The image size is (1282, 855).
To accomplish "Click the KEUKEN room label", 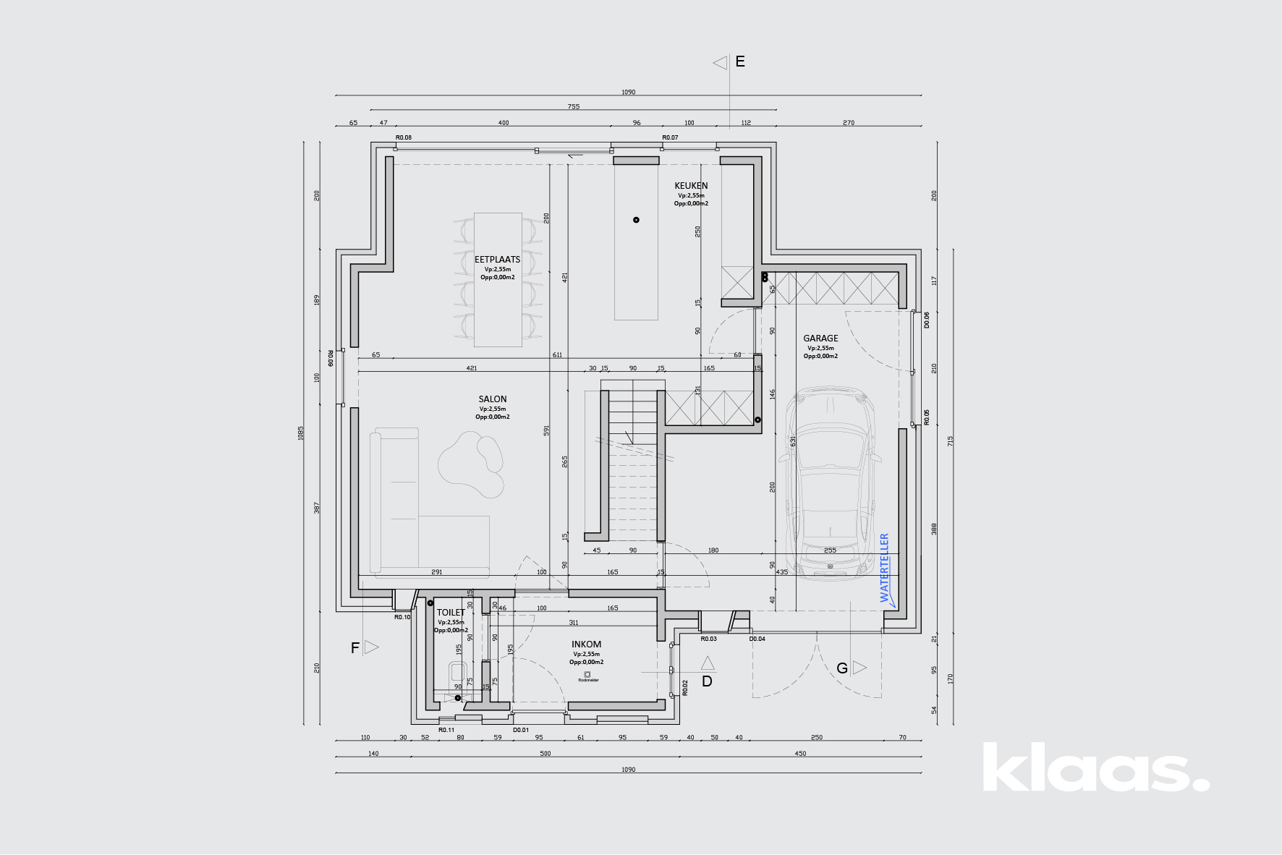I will click(x=691, y=186).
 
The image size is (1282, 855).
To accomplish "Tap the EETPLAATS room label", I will click(x=497, y=260).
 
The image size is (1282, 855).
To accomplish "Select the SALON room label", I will click(x=493, y=399).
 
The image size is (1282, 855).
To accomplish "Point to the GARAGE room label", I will click(x=820, y=339).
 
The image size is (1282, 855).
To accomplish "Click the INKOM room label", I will click(x=586, y=645).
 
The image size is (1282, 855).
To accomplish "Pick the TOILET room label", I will click(x=451, y=613).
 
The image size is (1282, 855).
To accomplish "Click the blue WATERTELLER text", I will click(x=884, y=568).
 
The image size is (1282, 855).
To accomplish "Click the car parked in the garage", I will click(x=831, y=485).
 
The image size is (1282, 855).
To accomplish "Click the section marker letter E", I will click(x=740, y=62).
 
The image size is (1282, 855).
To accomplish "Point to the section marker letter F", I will click(x=355, y=648).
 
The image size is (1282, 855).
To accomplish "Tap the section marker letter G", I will click(x=842, y=668).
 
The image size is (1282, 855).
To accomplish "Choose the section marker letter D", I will click(x=707, y=681).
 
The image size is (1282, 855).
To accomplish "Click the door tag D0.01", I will click(x=521, y=730).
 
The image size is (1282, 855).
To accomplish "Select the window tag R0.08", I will click(x=403, y=137).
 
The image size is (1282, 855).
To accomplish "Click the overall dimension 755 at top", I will click(x=574, y=107).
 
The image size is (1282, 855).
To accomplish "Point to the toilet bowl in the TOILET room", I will click(x=457, y=673).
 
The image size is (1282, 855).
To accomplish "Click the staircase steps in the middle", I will click(x=632, y=463).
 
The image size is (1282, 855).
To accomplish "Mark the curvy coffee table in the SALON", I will click(x=471, y=464).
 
